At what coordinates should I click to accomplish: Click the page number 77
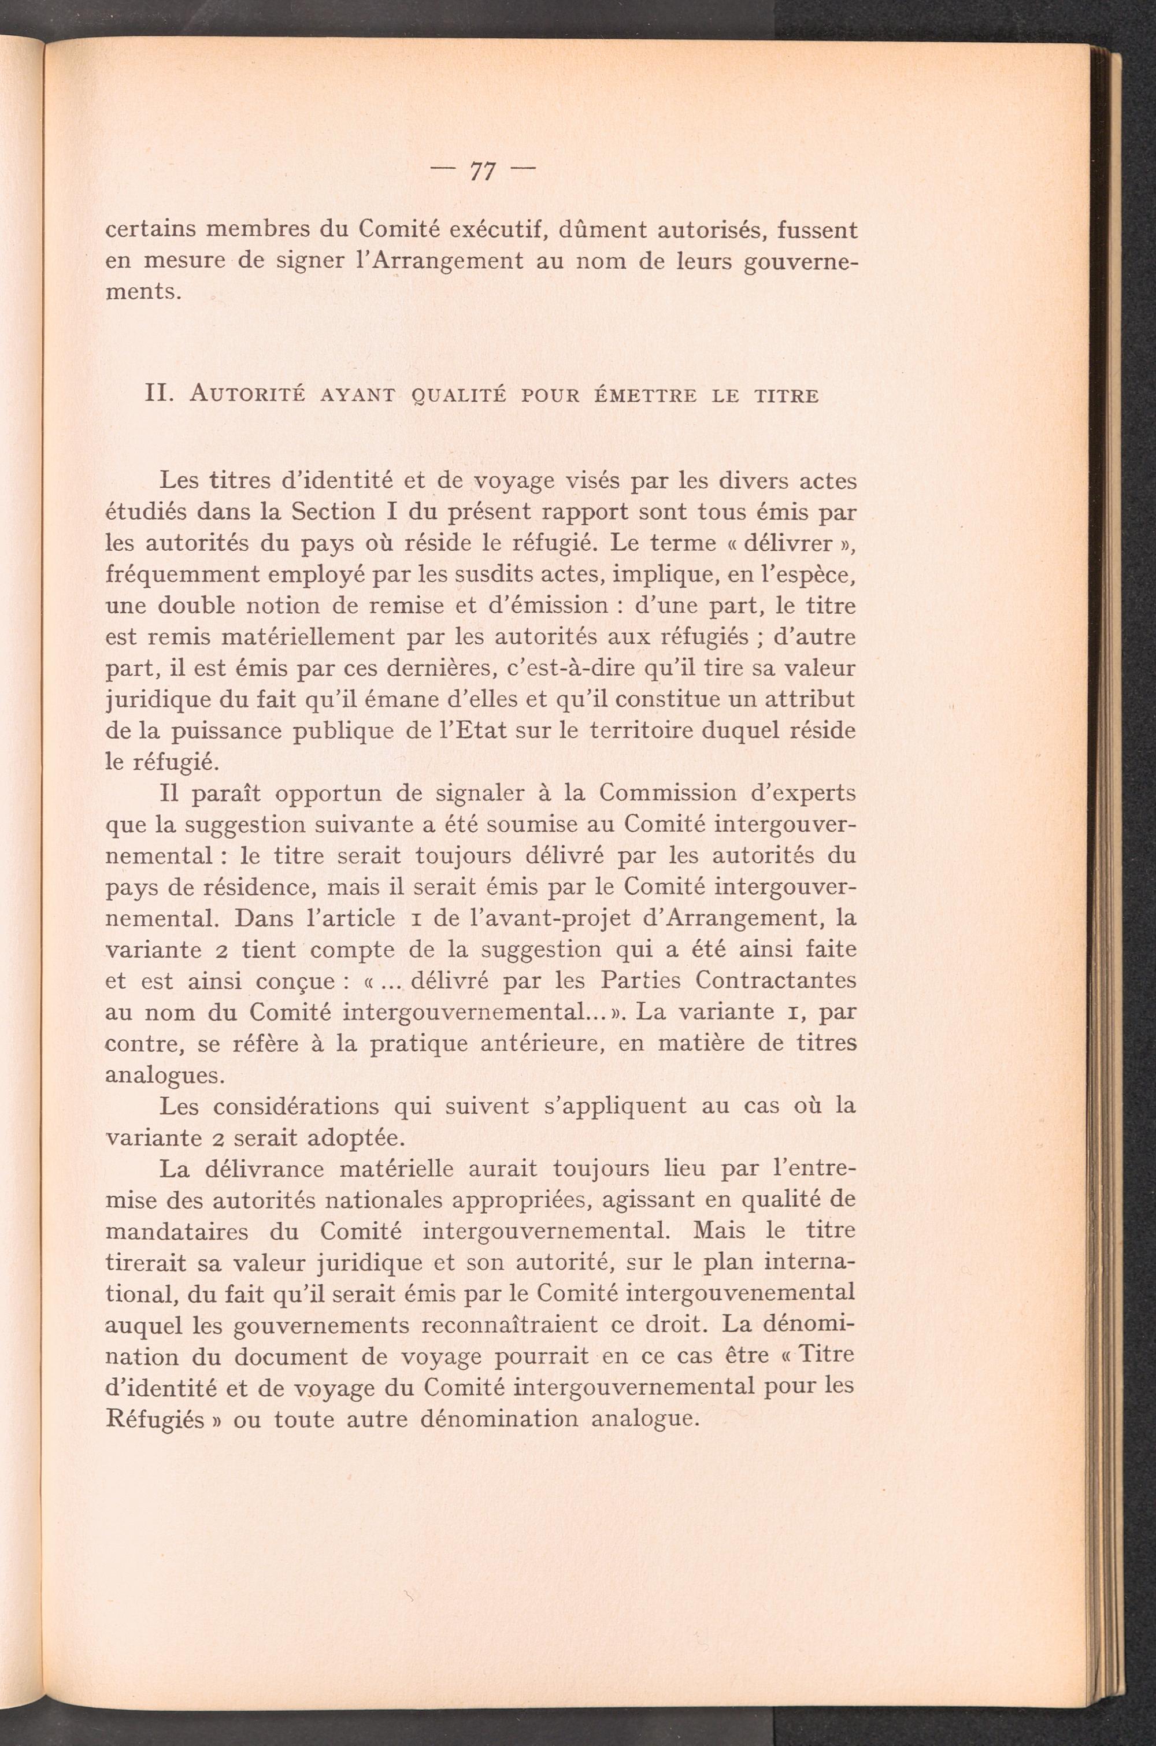click(481, 172)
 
